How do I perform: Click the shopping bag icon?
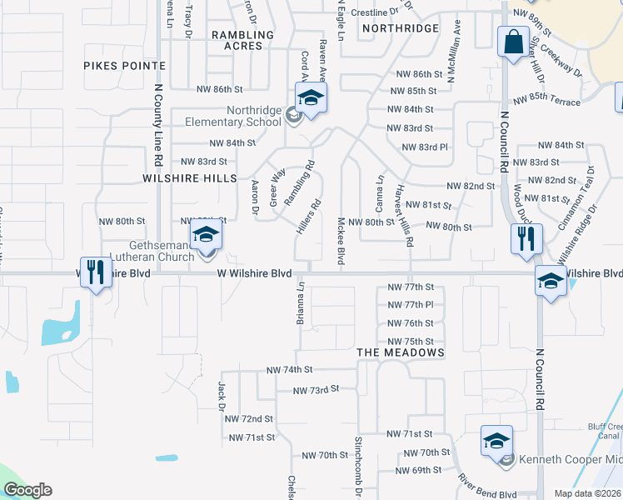point(514,41)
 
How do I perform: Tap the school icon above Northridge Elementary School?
point(311,98)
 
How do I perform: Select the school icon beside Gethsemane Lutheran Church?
point(206,236)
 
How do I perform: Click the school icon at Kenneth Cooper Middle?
point(496,441)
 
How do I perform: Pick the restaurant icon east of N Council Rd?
point(526,239)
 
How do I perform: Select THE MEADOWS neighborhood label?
point(401,352)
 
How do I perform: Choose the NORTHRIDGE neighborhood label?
point(401,28)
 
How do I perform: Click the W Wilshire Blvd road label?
point(255,273)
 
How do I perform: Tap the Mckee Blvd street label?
point(341,242)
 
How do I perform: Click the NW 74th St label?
point(289,369)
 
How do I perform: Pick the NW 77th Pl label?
point(411,305)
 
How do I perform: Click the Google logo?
point(27,490)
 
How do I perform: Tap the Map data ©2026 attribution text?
point(587,493)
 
